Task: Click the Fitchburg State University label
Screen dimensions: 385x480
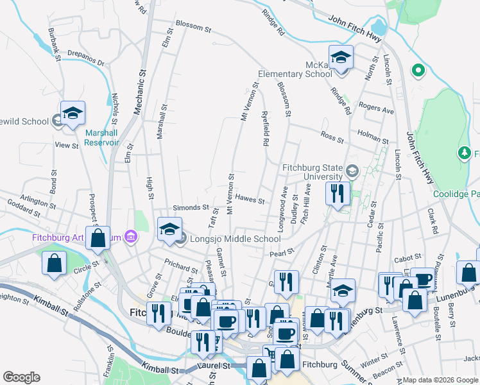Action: point(313,172)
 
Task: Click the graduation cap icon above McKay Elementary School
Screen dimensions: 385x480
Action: point(341,58)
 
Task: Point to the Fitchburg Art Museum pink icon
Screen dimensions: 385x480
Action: point(132,237)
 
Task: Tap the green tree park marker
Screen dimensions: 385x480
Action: point(464,153)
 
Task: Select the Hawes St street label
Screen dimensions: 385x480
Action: point(250,199)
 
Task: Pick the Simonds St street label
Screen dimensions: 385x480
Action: point(191,208)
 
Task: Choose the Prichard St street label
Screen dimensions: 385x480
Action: point(181,266)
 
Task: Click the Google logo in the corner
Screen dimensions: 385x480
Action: point(21,377)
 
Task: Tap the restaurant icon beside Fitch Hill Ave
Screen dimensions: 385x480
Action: point(337,192)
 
